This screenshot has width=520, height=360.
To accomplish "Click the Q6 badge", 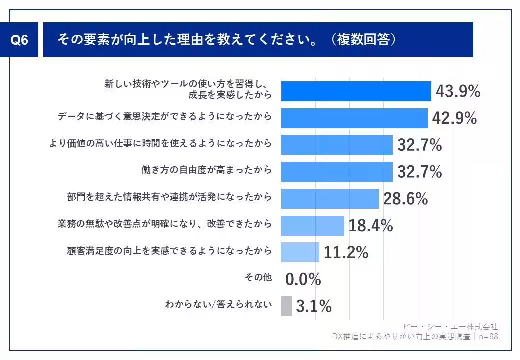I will (x=20, y=40).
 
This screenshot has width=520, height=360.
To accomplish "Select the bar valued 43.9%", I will (x=356, y=91).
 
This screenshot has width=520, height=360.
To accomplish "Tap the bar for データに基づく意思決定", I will (x=354, y=118).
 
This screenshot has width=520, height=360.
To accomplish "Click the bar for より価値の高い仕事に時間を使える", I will (x=337, y=145).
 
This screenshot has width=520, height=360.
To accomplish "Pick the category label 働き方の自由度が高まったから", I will (x=207, y=170).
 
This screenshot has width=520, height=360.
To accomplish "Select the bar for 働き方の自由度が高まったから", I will (x=337, y=172).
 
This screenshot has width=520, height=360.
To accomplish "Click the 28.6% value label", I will (x=405, y=199).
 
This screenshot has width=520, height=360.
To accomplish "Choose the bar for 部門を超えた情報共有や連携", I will (x=330, y=199).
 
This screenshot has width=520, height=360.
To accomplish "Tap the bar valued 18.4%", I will (x=312, y=226).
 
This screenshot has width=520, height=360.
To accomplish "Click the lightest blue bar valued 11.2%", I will (x=300, y=252).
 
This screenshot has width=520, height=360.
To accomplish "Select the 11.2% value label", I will (x=346, y=253).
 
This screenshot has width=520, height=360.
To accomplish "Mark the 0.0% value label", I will (x=303, y=280).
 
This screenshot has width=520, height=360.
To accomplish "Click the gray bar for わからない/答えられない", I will (x=286, y=306).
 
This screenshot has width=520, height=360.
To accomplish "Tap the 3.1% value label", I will (x=314, y=307).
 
